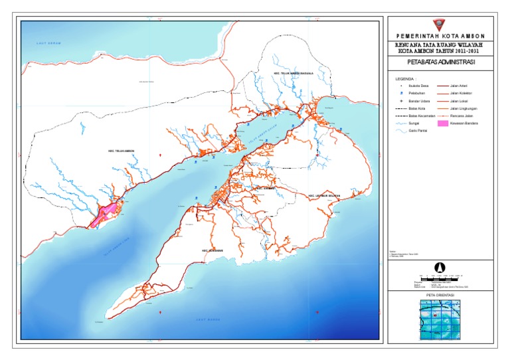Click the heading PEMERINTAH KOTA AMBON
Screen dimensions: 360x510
click(x=441, y=36)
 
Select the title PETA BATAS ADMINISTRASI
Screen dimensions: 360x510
click(x=441, y=63)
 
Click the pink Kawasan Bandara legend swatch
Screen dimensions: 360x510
click(x=440, y=124)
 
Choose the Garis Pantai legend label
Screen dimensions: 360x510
click(x=417, y=132)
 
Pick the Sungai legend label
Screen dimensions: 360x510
click(x=414, y=124)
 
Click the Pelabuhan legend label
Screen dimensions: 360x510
click(x=416, y=94)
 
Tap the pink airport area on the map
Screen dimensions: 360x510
click(x=106, y=215)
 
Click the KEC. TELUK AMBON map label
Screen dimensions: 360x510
click(x=122, y=151)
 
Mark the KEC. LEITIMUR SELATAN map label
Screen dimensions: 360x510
click(x=323, y=196)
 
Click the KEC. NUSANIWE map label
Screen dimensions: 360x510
click(x=213, y=250)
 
